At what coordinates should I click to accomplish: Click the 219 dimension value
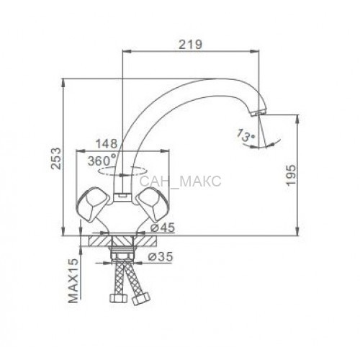coord(191,45)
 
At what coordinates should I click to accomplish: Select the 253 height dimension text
coord(58,159)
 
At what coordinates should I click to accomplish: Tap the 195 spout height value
coord(292,175)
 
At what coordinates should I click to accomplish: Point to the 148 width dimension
coord(107,143)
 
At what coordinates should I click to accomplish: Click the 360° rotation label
coord(102,161)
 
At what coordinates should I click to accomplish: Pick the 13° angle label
coord(246,135)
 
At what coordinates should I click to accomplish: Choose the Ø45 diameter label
coord(163,228)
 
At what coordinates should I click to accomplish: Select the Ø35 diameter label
coord(160,257)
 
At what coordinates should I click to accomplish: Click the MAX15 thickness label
coord(73,281)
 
